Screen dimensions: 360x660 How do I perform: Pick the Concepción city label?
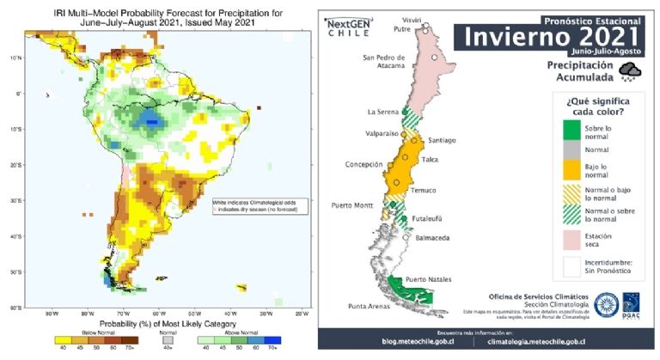tap(364, 163)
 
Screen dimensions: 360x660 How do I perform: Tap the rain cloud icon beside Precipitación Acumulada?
tap(632, 71)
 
